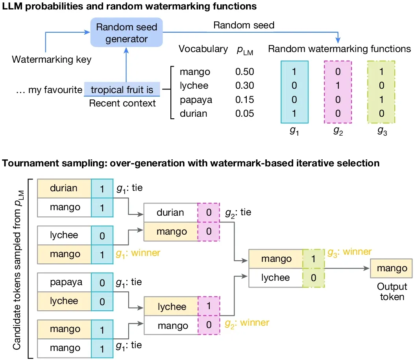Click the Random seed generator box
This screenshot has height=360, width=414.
point(126,32)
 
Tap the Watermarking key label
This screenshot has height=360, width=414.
point(52,60)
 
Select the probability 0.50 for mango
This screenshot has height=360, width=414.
point(244,72)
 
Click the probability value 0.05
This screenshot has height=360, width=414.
point(244,114)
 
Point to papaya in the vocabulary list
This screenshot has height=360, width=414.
point(196,100)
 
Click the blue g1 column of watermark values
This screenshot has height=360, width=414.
point(294,92)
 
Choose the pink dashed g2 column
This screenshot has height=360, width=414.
point(338,92)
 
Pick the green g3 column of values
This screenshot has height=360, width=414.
point(381,92)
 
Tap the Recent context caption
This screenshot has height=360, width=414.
point(122,103)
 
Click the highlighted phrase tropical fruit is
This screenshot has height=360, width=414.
point(122,90)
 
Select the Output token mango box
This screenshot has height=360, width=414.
point(391,268)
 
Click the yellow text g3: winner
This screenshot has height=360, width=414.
point(349,252)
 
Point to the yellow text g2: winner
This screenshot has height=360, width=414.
point(247,323)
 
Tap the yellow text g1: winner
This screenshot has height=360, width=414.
point(138,253)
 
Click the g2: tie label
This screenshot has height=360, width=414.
point(238,213)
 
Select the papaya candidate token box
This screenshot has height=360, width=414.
point(65,282)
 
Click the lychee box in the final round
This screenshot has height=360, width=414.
point(275,278)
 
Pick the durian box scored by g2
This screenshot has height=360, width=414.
point(170,213)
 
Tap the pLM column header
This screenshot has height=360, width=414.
point(245,50)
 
